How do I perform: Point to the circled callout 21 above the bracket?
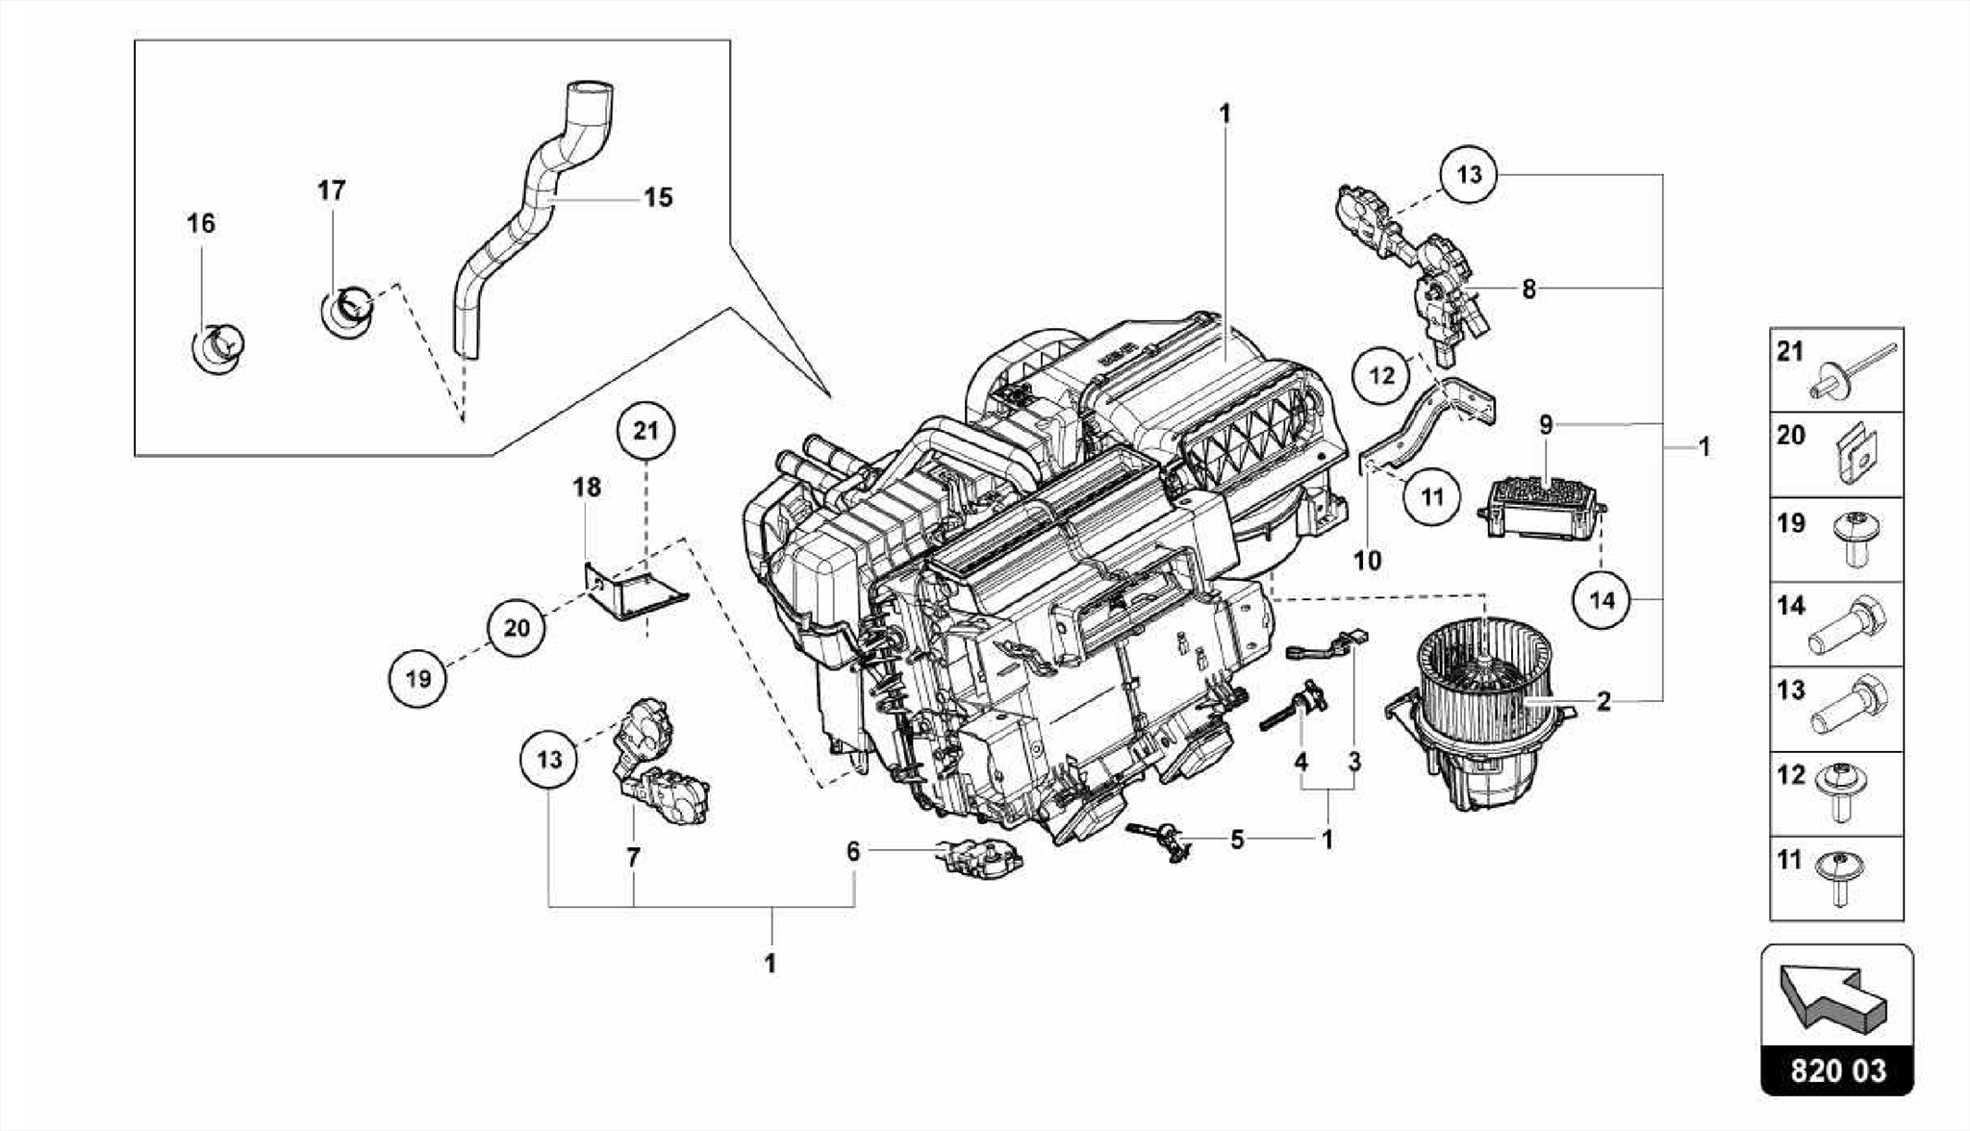coord(646,431)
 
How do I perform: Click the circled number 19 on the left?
coord(418,679)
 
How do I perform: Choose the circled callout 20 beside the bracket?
coord(517,628)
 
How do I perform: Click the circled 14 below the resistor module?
coord(1602,600)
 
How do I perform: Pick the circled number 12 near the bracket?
coord(1381,375)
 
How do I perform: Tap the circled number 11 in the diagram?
coord(1432,497)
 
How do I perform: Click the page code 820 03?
coord(1838,1070)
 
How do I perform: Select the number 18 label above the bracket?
coord(587,488)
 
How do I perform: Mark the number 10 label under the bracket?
coord(1367,560)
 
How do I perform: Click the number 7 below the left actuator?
coord(633,857)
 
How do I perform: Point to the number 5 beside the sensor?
coord(1237,840)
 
